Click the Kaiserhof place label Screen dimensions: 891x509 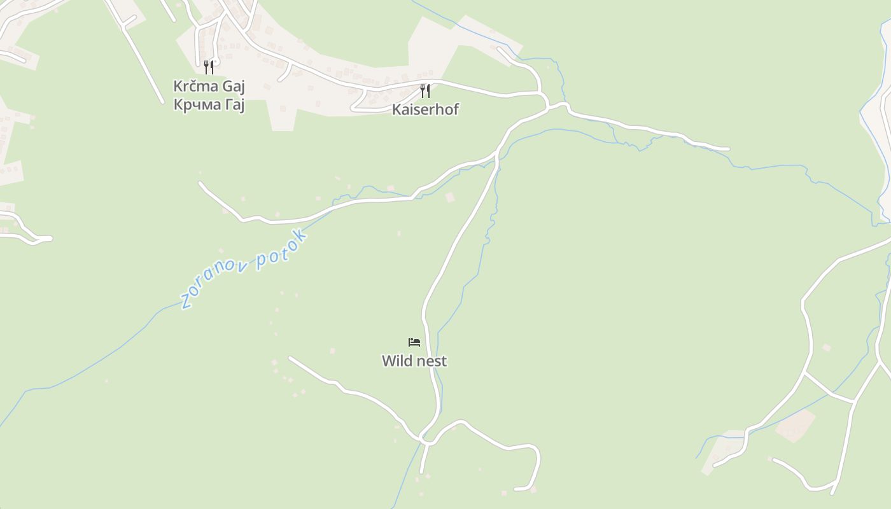click(x=425, y=109)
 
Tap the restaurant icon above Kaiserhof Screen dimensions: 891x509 click(x=425, y=91)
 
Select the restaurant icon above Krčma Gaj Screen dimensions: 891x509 click(x=209, y=67)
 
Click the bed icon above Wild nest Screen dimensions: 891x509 click(x=414, y=342)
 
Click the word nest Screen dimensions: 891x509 click(x=431, y=361)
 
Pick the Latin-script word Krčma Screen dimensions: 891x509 click(x=196, y=86)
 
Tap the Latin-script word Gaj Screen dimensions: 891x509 click(x=234, y=87)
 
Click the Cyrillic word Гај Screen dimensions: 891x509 click(x=234, y=104)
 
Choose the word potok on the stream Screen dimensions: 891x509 click(x=282, y=250)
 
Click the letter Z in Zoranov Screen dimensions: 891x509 click(x=186, y=301)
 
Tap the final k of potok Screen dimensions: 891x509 click(x=301, y=236)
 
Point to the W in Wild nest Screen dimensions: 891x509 click(x=388, y=361)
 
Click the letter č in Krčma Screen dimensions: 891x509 click(x=193, y=86)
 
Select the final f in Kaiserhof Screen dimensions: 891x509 click(x=455, y=109)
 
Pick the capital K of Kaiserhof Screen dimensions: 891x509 click(x=396, y=109)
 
